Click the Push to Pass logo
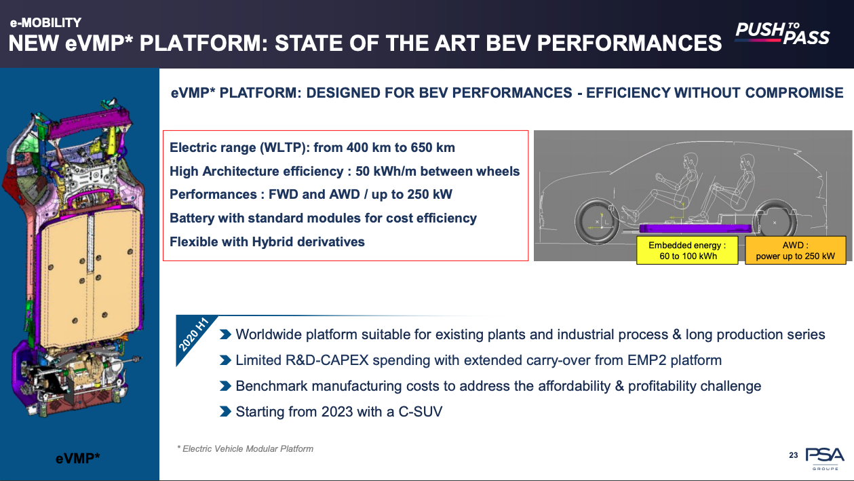click(782, 33)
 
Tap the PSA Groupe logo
click(825, 459)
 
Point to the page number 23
click(794, 455)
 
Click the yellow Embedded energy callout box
click(687, 250)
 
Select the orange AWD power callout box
click(795, 250)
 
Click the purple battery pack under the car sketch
click(695, 229)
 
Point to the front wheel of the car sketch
click(597, 222)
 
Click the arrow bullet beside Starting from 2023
click(225, 412)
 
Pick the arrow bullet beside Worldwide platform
click(225, 334)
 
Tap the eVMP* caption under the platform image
click(78, 458)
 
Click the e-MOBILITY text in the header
click(45, 23)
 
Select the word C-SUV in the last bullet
click(420, 412)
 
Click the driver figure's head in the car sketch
click(689, 161)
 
